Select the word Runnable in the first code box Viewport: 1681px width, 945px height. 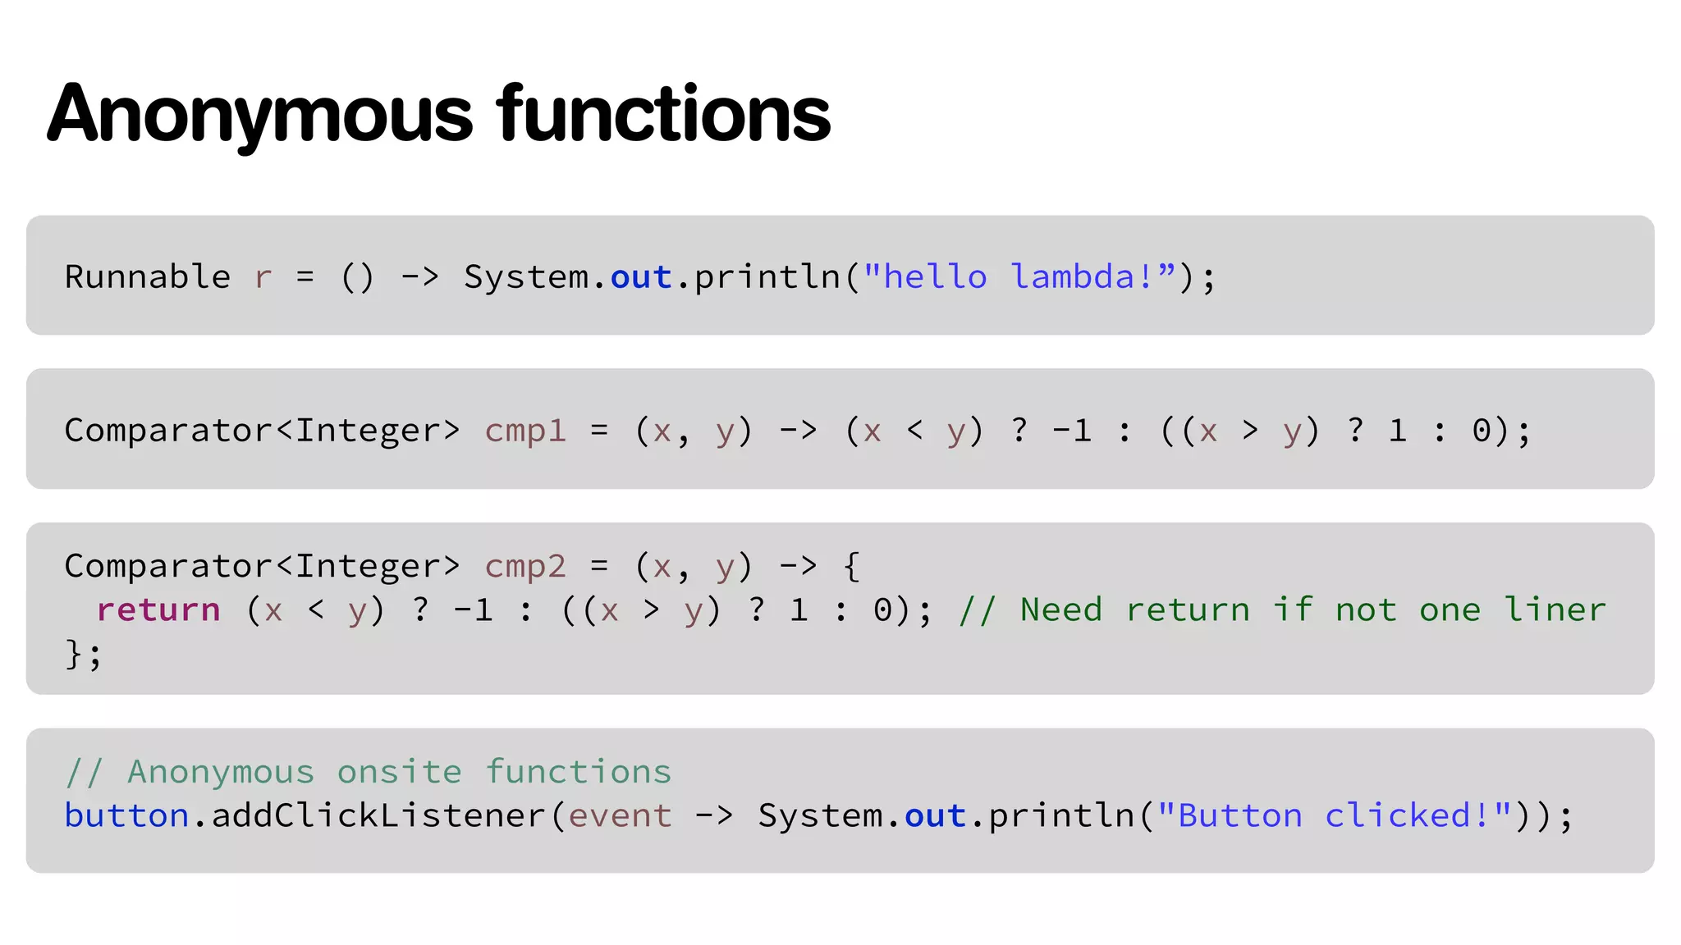click(148, 277)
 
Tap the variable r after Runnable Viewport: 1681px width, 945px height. click(263, 278)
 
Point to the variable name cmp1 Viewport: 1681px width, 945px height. click(525, 431)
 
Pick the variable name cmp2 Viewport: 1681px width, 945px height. click(525, 567)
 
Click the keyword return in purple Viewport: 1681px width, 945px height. click(158, 610)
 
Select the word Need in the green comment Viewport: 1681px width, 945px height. click(1060, 610)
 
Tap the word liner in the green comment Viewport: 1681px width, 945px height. click(1555, 610)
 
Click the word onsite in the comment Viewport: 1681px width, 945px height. click(399, 772)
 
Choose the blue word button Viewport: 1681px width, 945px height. click(126, 816)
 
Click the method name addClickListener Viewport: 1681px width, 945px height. click(378, 816)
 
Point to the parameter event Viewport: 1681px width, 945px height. click(620, 816)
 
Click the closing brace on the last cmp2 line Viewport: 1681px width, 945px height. click(74, 655)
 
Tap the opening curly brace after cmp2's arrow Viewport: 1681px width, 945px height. click(852, 567)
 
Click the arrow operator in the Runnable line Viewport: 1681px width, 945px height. click(419, 277)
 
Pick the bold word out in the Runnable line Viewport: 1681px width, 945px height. click(641, 278)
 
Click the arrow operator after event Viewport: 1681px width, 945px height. click(714, 816)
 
